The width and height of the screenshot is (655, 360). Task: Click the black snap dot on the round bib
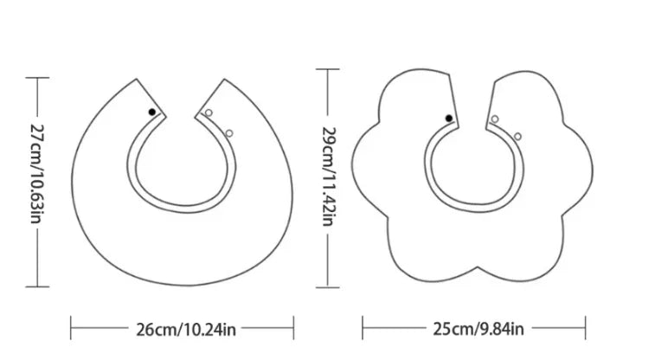152,112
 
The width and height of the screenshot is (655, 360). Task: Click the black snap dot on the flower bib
449,119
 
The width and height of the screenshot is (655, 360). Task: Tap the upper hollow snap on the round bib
209,112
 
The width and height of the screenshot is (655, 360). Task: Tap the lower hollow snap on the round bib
229,133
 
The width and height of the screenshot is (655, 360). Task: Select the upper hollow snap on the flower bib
495,119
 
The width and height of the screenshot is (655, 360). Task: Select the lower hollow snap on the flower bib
517,137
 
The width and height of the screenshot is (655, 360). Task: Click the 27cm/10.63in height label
37,173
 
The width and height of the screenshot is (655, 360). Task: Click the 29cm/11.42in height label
328,177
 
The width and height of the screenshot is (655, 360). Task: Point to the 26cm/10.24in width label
186,330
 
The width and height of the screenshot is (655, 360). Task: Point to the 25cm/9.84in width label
478,329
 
